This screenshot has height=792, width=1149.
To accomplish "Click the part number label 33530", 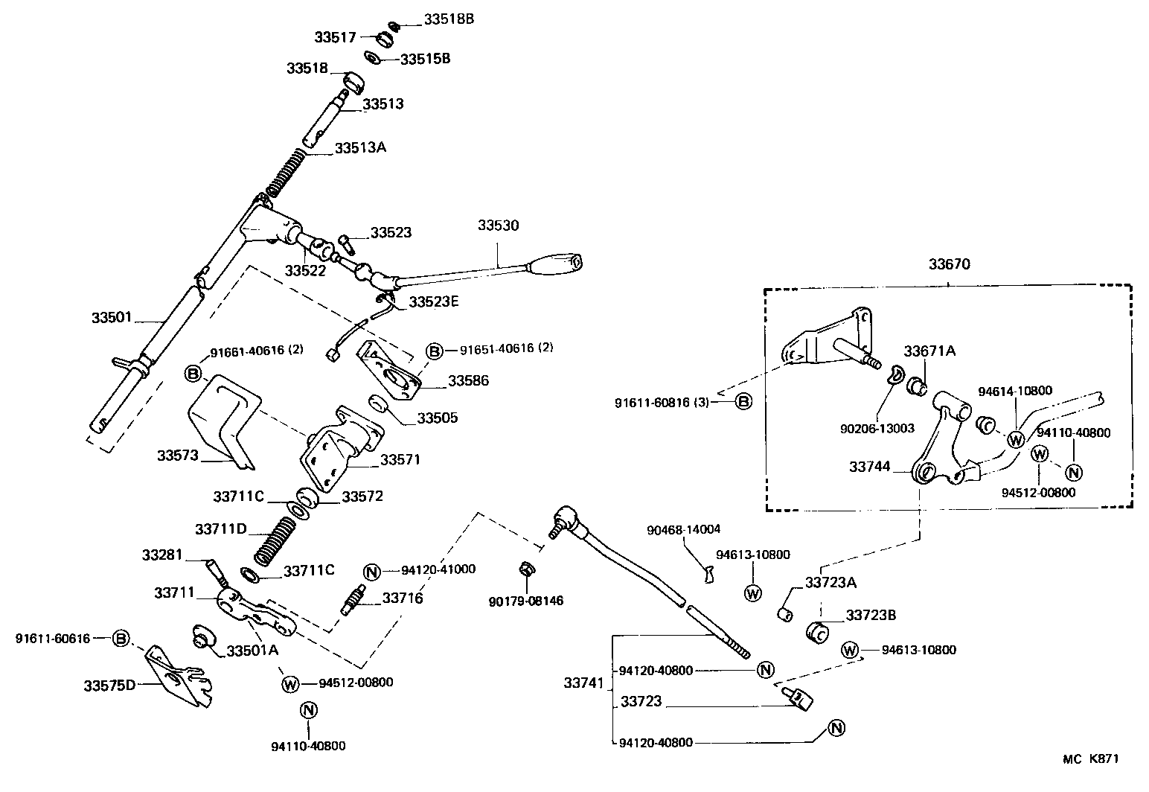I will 498,225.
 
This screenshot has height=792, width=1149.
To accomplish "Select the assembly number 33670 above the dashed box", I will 949,264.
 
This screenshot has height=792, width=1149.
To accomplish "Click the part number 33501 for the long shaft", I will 112,317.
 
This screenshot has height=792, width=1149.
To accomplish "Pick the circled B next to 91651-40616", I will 435,350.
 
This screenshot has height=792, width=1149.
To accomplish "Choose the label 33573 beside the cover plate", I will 177,455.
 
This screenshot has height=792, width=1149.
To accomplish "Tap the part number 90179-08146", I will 526,600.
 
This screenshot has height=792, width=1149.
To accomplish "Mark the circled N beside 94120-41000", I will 372,571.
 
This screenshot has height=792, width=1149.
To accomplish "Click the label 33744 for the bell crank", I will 870,467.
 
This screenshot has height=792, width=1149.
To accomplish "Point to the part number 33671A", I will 929,351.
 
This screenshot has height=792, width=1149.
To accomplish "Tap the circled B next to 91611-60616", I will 121,639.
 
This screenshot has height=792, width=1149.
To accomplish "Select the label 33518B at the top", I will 449,19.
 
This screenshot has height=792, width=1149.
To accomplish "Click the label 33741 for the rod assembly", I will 584,683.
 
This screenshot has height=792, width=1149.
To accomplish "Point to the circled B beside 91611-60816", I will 743,402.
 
